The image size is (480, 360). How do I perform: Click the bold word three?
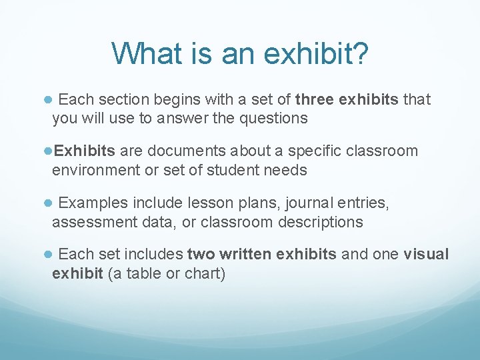(x=315, y=100)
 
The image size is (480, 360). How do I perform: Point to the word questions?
(x=273, y=119)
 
